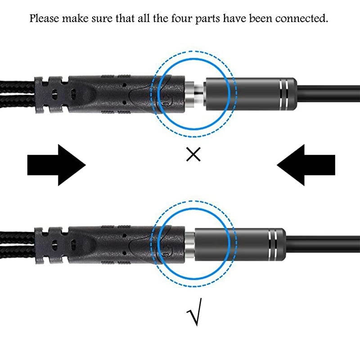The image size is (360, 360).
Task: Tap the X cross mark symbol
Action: pos(193,155)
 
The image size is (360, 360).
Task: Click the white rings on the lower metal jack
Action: pos(273,244)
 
